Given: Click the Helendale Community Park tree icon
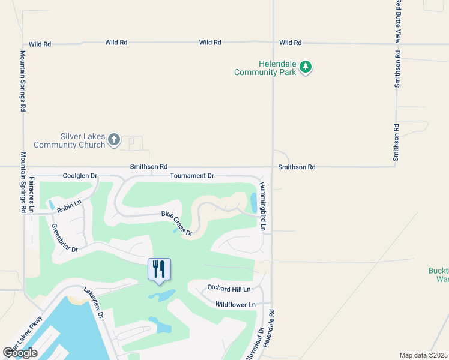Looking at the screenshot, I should [306, 67].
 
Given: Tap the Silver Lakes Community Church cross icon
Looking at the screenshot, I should [114, 140].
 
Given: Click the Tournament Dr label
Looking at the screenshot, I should [191, 176].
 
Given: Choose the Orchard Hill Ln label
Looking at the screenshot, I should [229, 289].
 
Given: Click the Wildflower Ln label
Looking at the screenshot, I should [235, 305].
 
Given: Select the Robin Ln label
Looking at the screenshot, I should [69, 205].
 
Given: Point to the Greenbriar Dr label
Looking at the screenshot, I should [65, 238].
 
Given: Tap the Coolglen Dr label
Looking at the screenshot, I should [80, 176].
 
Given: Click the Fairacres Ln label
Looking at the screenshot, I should [32, 194].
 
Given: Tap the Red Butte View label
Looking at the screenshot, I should [397, 21].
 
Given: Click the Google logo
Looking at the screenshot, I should [20, 353].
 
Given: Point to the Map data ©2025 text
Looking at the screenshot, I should [424, 355].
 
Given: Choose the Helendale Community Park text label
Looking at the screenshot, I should [265, 68].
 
